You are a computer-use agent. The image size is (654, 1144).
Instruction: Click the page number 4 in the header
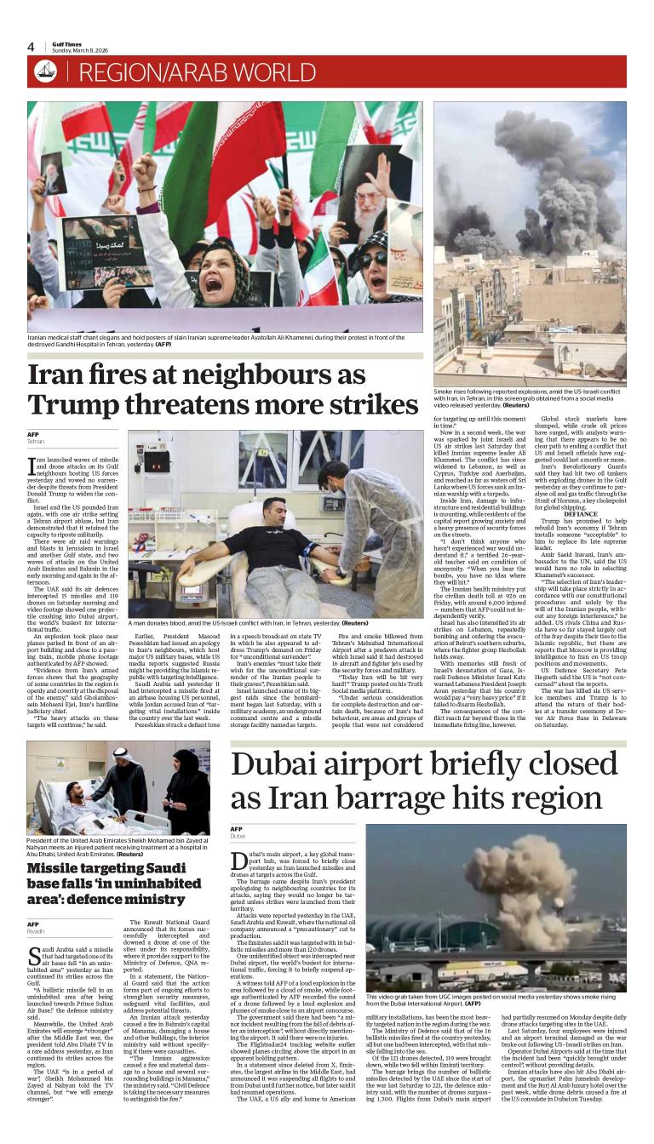31,47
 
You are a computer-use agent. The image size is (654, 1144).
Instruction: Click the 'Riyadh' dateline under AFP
36,932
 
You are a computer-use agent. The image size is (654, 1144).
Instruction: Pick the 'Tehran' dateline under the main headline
36,442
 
